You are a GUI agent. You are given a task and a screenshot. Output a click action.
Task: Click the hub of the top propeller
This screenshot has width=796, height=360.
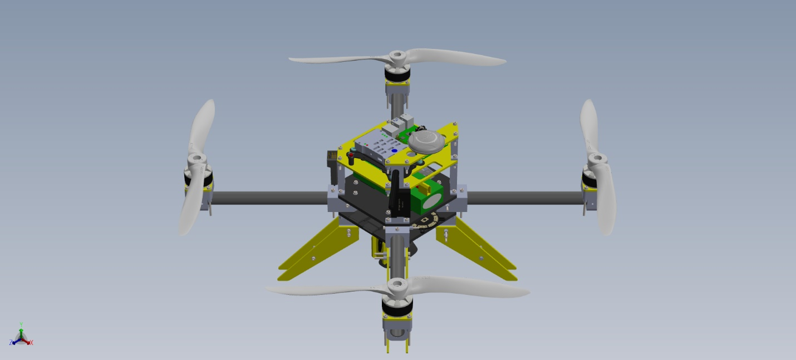click(x=397, y=57)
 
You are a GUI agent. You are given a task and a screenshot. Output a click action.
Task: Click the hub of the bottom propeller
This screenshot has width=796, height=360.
click(x=397, y=287)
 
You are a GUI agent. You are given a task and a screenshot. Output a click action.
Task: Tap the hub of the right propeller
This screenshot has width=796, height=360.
click(x=597, y=160)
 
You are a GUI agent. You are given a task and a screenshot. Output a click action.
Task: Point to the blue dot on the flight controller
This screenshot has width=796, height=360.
click(x=394, y=151)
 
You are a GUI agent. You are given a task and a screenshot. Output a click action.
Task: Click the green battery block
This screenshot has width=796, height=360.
click(x=426, y=198)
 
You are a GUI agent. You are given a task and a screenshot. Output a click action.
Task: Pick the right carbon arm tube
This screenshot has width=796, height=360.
click(x=523, y=198)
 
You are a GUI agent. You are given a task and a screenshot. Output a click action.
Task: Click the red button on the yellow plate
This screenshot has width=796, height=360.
click(x=351, y=154)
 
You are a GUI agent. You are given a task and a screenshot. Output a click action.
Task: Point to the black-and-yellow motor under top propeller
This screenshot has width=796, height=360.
click(x=397, y=74)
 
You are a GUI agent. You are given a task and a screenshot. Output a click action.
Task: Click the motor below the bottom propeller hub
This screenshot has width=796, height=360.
click(x=397, y=306)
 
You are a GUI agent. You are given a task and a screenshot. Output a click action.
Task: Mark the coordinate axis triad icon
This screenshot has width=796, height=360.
click(x=21, y=337)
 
